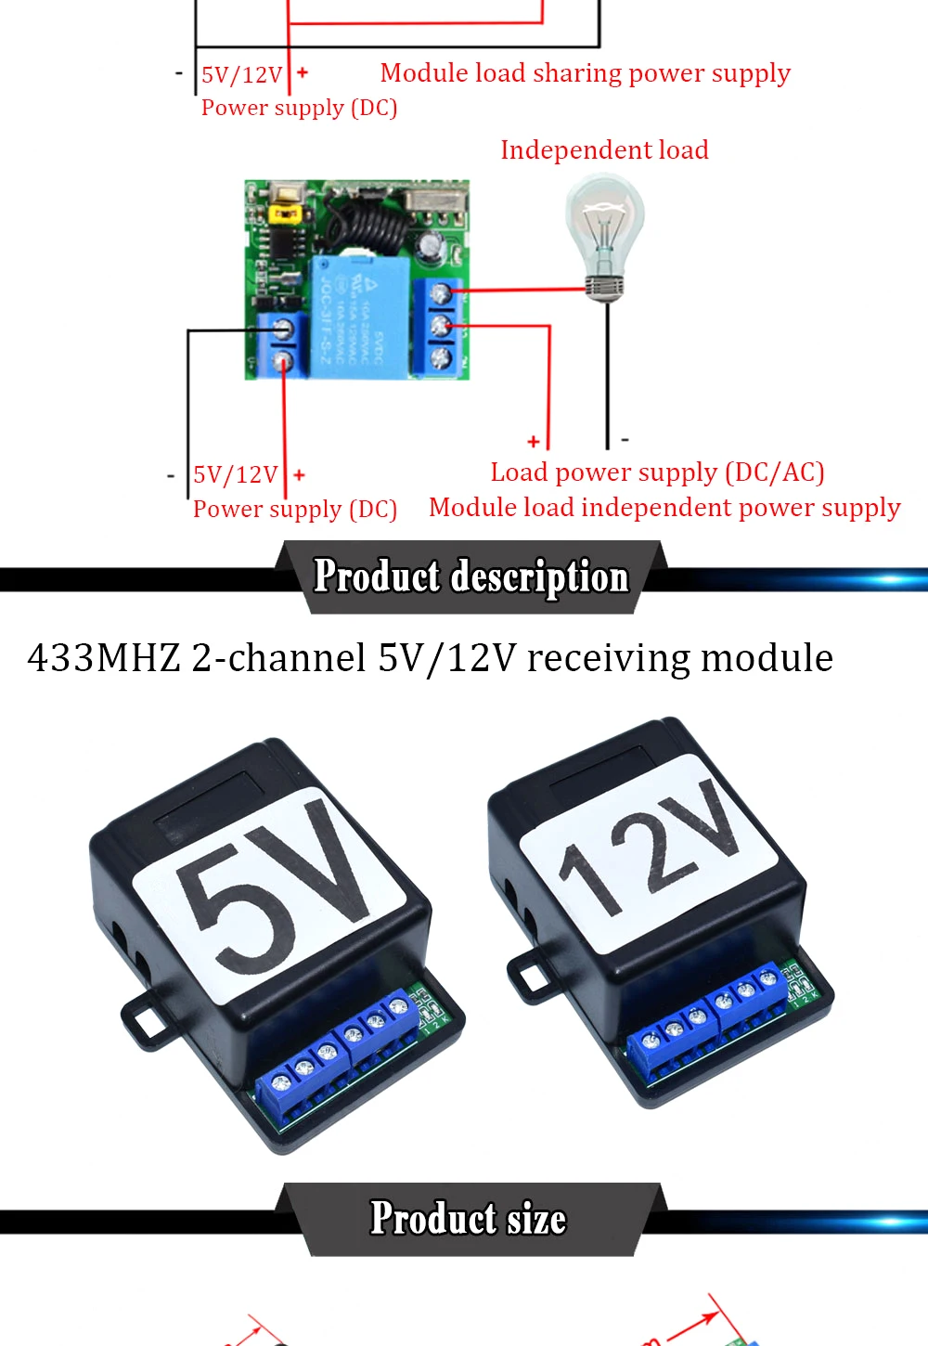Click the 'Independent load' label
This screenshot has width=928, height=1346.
point(604,150)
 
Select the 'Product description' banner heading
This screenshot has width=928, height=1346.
point(471,576)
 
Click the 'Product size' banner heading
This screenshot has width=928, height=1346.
point(469,1219)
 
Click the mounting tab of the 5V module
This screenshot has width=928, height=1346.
point(144,1022)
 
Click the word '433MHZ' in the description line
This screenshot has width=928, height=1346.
point(104,658)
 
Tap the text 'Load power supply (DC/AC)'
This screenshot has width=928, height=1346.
point(657,472)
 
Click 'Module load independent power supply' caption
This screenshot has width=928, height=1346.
point(664,508)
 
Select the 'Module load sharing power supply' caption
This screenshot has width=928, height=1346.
point(586,73)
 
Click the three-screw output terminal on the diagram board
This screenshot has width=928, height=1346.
point(440,326)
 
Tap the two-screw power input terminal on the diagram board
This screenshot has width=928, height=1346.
point(282,344)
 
